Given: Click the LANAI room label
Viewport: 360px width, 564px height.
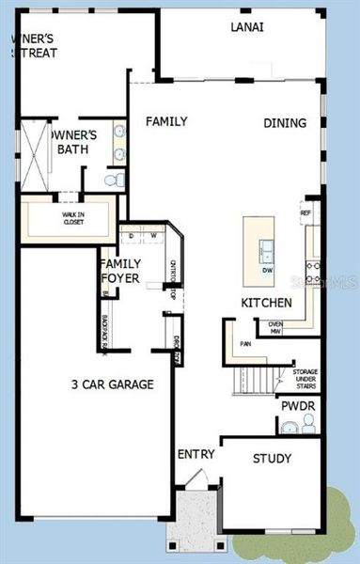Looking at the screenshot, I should (246, 27).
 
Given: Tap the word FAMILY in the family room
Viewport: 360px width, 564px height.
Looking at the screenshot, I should (165, 121).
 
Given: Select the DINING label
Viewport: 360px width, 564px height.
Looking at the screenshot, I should (285, 122).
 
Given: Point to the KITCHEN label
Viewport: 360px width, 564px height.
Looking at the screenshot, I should (266, 303).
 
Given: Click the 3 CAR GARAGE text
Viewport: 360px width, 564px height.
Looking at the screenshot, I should (113, 384).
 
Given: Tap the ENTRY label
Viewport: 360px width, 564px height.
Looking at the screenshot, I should (196, 455).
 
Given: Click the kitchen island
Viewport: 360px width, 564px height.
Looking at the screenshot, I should (260, 251).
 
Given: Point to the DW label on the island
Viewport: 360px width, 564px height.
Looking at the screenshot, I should (267, 271).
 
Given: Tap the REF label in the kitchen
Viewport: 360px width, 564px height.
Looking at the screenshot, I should (305, 212).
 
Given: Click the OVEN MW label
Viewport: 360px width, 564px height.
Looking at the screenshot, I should (276, 327).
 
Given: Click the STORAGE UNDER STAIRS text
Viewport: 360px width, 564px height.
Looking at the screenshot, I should (298, 379).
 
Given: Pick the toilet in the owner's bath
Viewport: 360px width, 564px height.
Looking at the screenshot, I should (113, 179).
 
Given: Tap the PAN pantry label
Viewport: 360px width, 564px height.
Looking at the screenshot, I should (246, 344).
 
